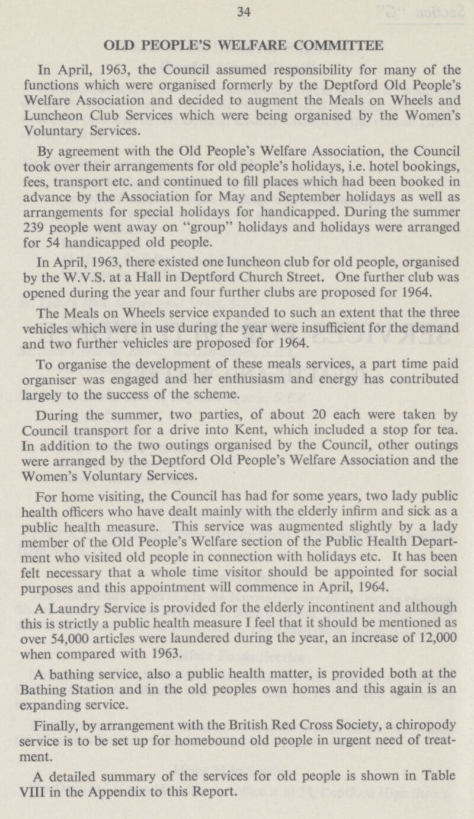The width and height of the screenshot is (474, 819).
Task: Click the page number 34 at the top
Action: tap(236, 9)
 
